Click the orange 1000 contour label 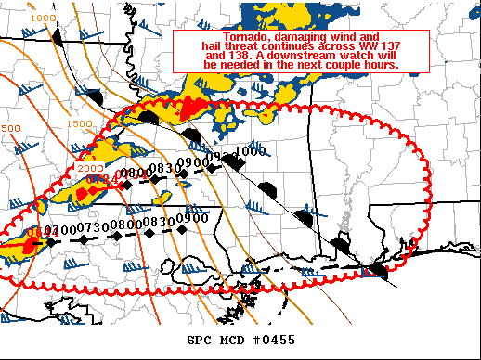point(42,19)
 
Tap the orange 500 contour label point(10,129)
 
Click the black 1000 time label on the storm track point(250,151)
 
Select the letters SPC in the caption point(201,341)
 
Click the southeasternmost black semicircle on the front point(378,270)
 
